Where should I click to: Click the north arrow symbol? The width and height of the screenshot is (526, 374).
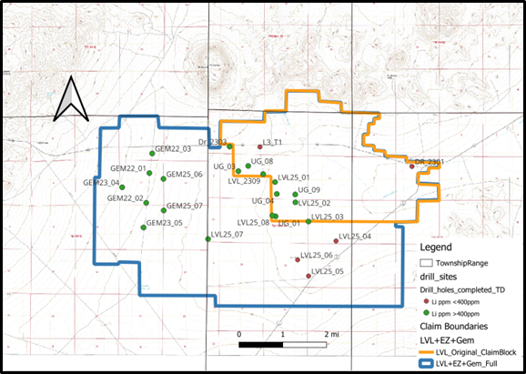pyautogui.click(x=71, y=101)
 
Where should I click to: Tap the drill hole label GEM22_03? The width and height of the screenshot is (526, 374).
pyautogui.click(x=173, y=148)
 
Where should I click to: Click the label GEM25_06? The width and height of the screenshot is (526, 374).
pyautogui.click(x=185, y=174)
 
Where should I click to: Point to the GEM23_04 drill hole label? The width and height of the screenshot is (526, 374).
pyautogui.click(x=102, y=182)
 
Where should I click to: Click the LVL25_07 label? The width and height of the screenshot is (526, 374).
pyautogui.click(x=227, y=234)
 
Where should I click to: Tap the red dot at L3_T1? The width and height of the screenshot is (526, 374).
pyautogui.click(x=259, y=145)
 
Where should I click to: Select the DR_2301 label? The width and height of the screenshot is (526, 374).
pyautogui.click(x=430, y=161)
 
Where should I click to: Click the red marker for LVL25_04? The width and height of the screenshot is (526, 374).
pyautogui.click(x=337, y=241)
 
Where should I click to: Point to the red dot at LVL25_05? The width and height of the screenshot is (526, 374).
pyautogui.click(x=309, y=276)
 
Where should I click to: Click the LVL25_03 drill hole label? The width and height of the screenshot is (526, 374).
pyautogui.click(x=327, y=217)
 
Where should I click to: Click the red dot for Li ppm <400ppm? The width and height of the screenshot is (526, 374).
pyautogui.click(x=426, y=299)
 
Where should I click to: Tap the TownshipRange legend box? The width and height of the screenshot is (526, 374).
pyautogui.click(x=425, y=260)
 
